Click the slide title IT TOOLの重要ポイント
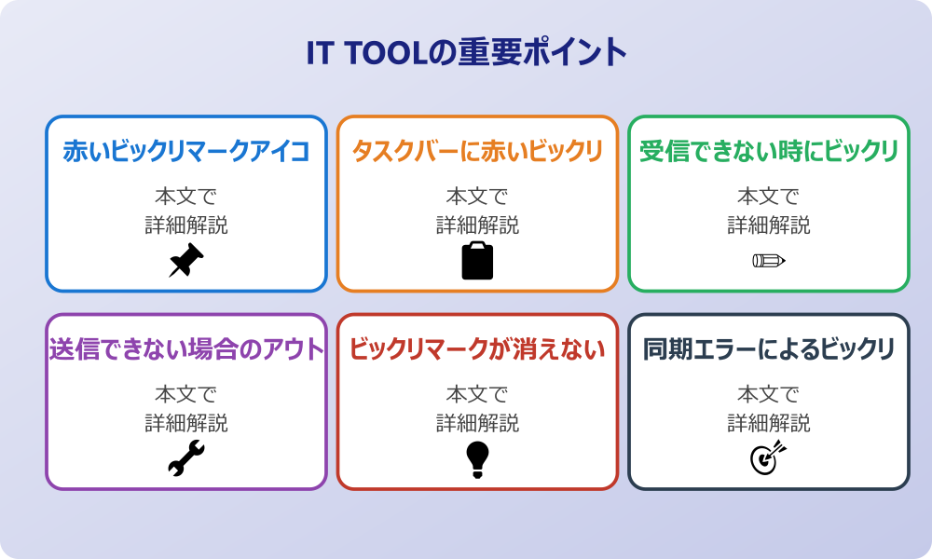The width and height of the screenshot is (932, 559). pos(466,52)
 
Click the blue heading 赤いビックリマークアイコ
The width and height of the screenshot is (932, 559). pos(186,152)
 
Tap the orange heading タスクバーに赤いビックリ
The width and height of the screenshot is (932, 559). pos(477,152)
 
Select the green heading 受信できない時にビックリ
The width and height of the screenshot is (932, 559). pos(769,152)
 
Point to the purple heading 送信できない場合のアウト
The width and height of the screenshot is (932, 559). pos(186,349)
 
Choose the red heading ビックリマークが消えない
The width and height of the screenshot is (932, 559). pos(477,349)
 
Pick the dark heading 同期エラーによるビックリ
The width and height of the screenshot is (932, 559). pos(769,349)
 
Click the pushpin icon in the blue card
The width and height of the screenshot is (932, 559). pos(186,260)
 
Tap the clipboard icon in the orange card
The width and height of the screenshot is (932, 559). pos(477,260)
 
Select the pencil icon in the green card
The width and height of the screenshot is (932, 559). pos(769,260)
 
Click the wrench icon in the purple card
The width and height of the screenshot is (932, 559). pos(186,458)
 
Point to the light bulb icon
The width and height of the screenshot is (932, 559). pos(477,458)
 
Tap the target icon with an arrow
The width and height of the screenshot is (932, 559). pos(769,458)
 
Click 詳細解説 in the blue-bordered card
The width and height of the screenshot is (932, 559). pos(186,225)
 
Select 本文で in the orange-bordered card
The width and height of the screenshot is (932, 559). pos(477,197)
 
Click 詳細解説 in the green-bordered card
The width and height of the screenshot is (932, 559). pos(769,225)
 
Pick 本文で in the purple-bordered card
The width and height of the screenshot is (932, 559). pos(186,394)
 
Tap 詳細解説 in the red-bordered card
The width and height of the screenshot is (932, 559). pos(477,422)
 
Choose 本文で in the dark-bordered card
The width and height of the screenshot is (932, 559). pos(769,394)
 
